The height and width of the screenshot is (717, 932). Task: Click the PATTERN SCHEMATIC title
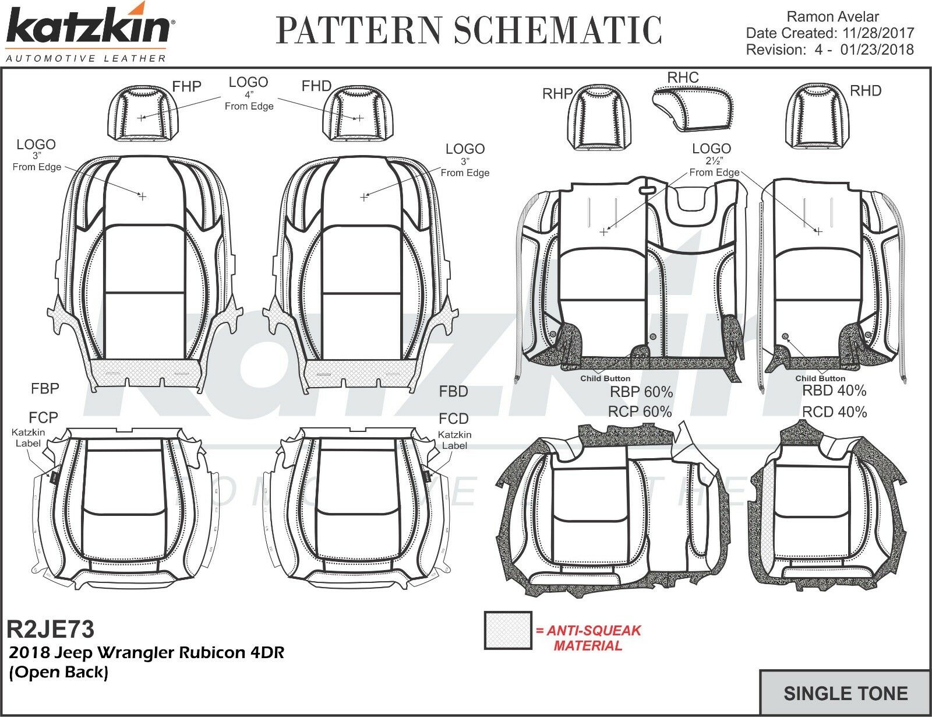(469, 30)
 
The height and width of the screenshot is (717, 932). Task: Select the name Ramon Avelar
(832, 17)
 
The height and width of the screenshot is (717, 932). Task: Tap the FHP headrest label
(186, 87)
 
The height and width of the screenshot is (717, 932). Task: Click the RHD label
(866, 91)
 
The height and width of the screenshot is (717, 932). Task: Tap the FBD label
(454, 391)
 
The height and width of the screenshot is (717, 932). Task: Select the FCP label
(44, 417)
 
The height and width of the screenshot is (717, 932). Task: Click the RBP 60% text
(641, 391)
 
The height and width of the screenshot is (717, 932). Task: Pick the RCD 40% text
(834, 412)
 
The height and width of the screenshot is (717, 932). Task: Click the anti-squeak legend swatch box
(508, 630)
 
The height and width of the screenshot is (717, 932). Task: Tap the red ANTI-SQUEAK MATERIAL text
(588, 638)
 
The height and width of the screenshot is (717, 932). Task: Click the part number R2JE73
(50, 630)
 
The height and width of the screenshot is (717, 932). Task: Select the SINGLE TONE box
(845, 693)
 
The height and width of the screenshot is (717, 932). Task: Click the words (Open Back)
(58, 672)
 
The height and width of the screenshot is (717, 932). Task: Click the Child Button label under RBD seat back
(820, 378)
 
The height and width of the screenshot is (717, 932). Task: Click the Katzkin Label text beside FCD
(454, 440)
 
